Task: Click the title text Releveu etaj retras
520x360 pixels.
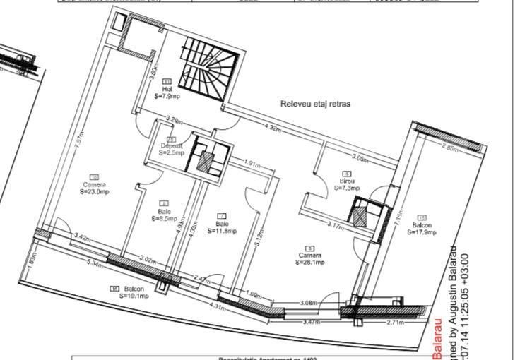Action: point(315,104)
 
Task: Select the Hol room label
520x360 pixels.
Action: point(167,89)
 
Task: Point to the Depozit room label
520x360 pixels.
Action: point(171,146)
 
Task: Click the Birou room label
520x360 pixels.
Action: point(346,181)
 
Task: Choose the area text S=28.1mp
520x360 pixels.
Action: point(310,262)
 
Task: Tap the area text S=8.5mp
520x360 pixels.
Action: point(164,218)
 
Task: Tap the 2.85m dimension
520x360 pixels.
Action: point(450,148)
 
